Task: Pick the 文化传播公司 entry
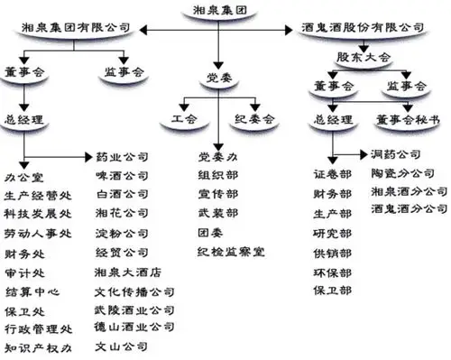(x=133, y=292)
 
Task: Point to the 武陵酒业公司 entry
(x=133, y=309)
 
